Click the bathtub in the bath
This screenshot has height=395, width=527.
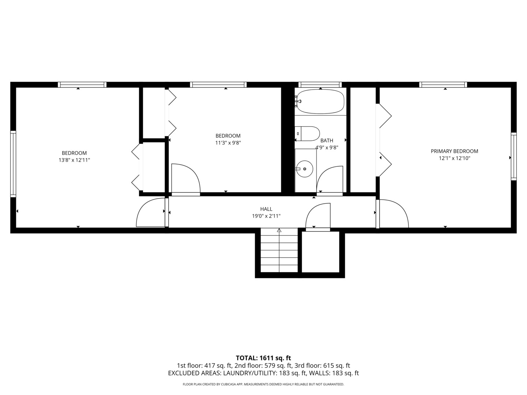tap(321, 101)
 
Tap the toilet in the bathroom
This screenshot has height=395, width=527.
tap(308, 134)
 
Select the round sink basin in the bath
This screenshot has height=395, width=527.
tap(304, 169)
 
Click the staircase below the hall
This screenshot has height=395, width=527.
tap(279, 252)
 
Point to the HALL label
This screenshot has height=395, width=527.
tap(266, 209)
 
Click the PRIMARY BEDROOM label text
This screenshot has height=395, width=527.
tap(454, 151)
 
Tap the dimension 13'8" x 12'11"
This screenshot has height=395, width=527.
tap(74, 160)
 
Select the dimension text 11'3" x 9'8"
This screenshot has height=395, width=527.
tap(228, 143)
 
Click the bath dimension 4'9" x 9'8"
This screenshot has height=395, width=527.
tap(327, 147)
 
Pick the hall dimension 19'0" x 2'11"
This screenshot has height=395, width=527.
tap(266, 216)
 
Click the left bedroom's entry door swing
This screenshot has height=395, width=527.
tap(150, 213)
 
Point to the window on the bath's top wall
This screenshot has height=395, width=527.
tap(320, 84)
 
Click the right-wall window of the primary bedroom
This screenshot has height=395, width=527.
tap(513, 156)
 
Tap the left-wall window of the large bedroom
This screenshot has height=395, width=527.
tap(13, 164)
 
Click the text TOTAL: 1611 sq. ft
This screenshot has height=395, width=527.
tap(263, 358)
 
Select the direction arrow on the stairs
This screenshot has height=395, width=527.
tap(279, 230)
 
